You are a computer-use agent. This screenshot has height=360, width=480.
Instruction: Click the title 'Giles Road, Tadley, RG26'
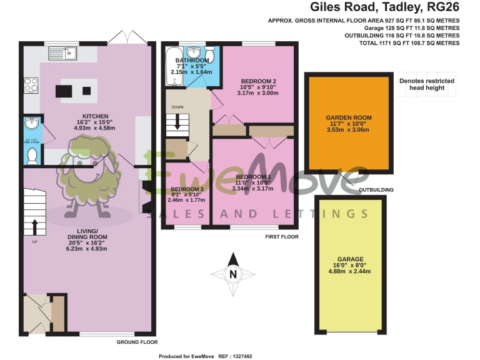pos(386,7)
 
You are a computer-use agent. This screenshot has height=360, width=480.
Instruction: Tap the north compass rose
pos(232,273)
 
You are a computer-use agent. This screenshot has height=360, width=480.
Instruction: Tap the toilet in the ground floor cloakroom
pos(32,154)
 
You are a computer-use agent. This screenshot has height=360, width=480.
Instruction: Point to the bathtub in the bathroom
pos(172,69)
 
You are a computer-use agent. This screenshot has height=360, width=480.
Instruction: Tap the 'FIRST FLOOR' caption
pos(281,237)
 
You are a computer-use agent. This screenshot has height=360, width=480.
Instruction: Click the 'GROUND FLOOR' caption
pos(137,342)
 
